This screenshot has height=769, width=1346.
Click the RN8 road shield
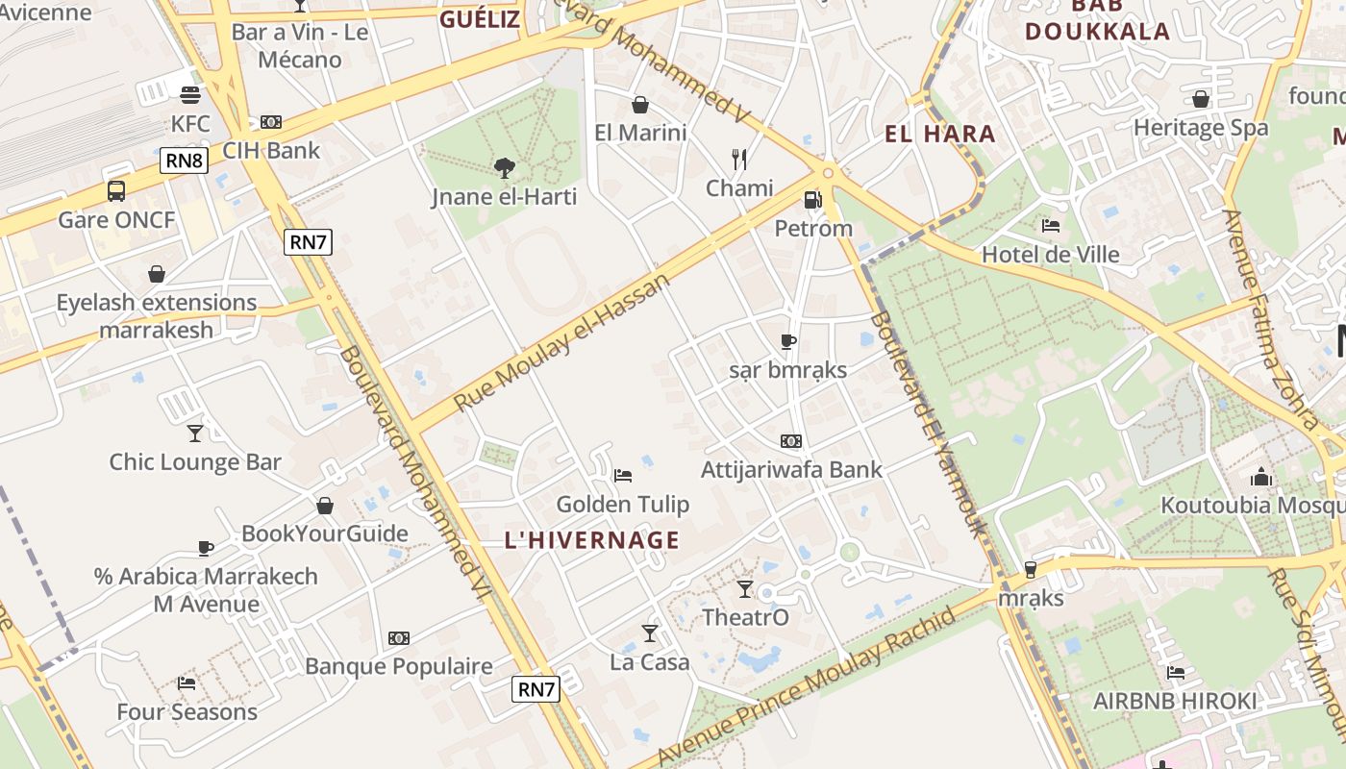184,161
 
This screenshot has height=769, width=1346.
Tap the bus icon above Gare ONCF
116,191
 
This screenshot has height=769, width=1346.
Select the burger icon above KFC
190,95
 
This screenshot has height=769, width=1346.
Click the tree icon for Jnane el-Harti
504,168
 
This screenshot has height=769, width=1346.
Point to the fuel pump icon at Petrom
812,200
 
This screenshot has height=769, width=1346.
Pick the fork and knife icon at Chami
738,159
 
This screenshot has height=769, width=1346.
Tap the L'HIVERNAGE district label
592,540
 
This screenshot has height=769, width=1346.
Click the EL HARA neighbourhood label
939,134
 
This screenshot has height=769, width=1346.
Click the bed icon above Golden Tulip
623,475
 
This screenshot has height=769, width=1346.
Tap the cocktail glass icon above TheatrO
745,588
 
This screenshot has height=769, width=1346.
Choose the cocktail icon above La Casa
650,633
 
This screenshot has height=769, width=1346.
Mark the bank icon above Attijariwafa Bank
791,441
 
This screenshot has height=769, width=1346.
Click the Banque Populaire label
398,666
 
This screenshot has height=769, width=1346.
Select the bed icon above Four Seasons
187,683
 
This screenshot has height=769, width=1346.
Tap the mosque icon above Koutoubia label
1260,477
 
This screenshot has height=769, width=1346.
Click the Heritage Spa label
1200,128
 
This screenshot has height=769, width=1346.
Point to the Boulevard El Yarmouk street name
928,423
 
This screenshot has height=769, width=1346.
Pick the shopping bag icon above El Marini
640,104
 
